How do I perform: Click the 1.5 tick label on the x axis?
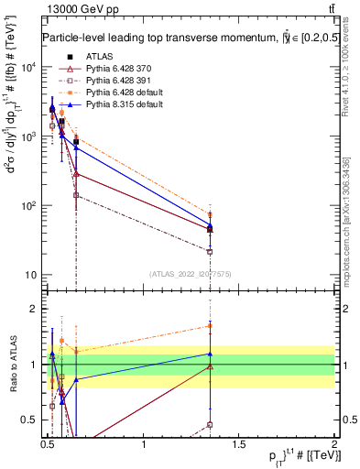click(239, 443)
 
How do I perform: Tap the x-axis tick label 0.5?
click(48, 443)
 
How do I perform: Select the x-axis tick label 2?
click(334, 443)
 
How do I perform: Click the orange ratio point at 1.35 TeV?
click(211, 325)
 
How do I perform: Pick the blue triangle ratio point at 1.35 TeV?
click(211, 354)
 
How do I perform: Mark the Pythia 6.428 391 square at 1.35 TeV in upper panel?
click(211, 251)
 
